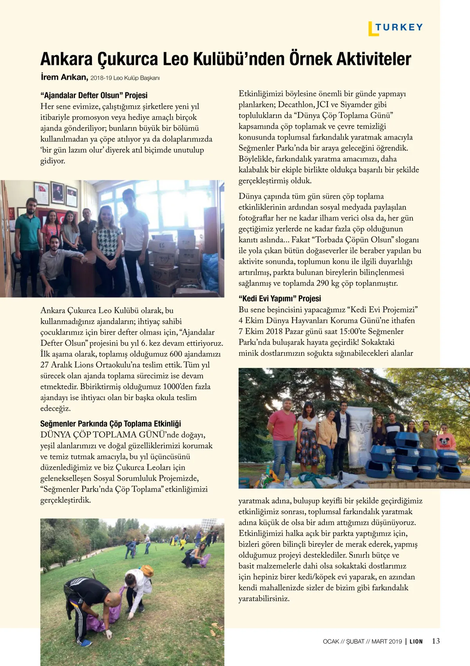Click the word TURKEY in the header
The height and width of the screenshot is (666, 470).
coord(399,27)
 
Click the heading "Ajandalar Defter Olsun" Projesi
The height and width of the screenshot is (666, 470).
coord(94,95)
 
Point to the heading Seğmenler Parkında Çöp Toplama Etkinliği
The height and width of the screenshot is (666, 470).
coord(110,424)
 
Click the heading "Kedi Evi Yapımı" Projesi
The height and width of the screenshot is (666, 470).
coord(280,299)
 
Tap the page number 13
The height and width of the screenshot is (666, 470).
coord(436,641)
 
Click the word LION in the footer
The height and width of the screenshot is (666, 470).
coord(416,641)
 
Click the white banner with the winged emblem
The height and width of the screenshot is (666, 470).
coord(360,434)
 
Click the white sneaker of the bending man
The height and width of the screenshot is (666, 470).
coord(86,642)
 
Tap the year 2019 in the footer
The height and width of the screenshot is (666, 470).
coord(395,641)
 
